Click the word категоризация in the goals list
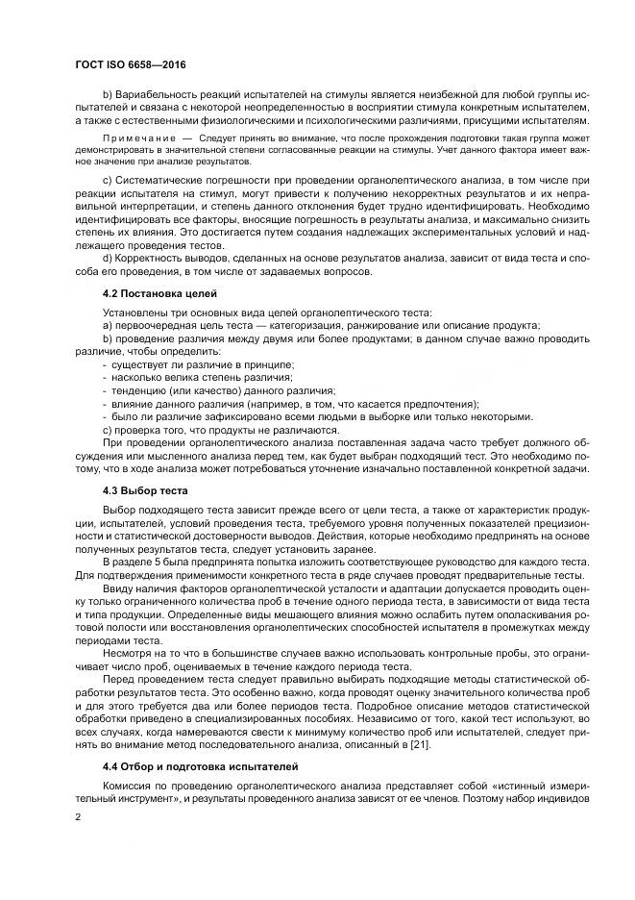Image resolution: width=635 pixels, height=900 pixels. coord(282,326)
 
